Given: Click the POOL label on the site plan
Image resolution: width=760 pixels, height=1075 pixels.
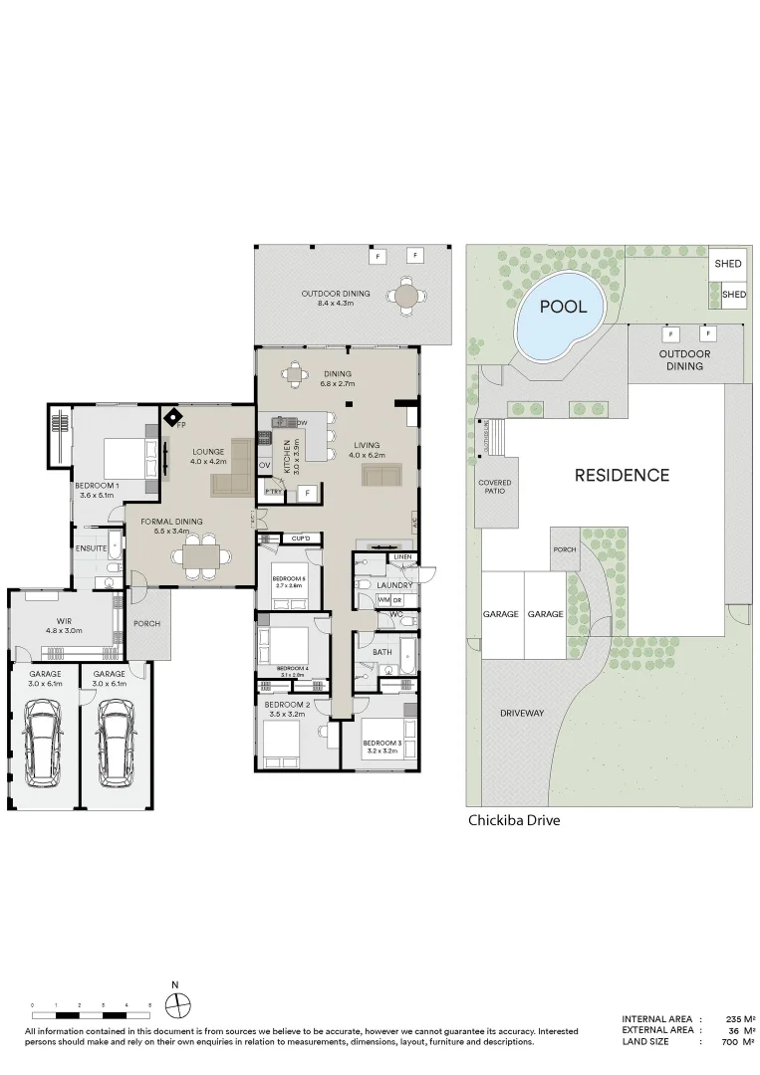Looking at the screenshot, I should [x=563, y=307].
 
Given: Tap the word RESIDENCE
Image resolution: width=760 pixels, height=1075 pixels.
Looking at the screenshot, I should [x=622, y=476].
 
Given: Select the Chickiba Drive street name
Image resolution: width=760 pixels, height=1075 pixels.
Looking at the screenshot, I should [x=514, y=821].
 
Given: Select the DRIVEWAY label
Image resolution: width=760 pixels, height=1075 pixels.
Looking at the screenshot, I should [x=522, y=714].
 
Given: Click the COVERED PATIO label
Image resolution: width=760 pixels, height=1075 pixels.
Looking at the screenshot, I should [x=495, y=488].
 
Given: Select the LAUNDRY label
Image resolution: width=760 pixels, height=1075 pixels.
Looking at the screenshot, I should [x=393, y=586].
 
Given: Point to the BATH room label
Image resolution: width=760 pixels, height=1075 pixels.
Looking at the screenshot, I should [x=382, y=653].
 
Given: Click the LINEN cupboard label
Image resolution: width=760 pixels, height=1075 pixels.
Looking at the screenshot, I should [x=402, y=557].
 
